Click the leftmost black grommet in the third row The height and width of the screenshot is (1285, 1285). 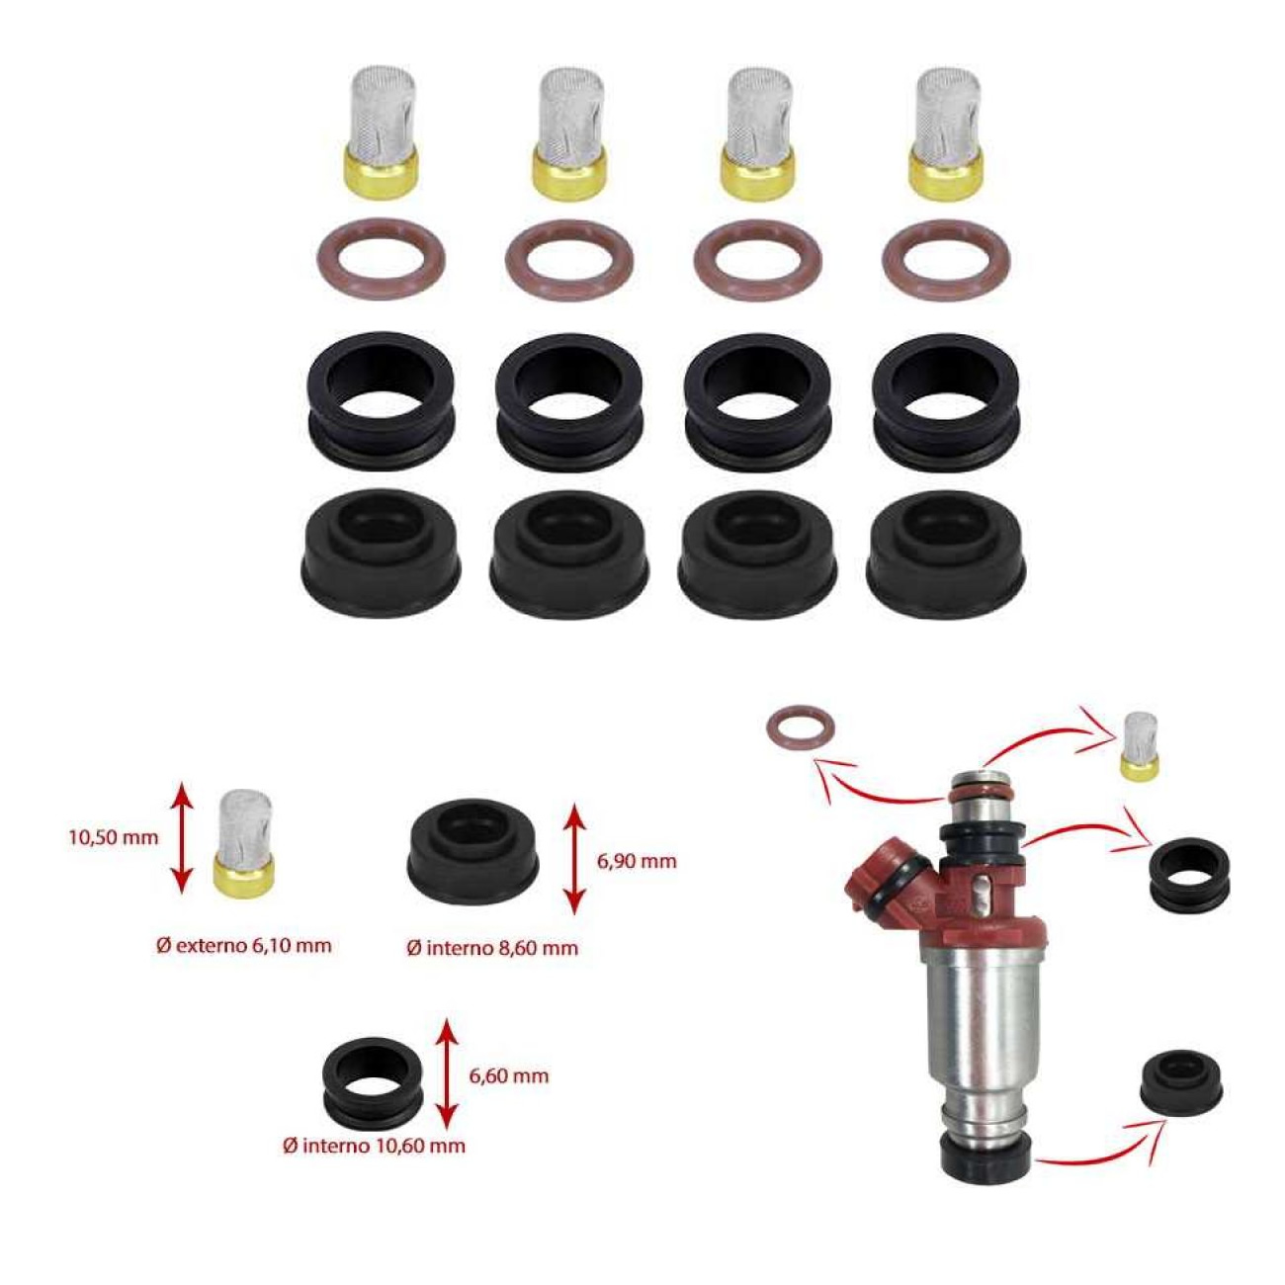tap(381, 400)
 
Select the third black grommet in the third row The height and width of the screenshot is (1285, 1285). tap(757, 400)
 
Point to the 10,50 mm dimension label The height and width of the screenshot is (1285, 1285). tap(113, 837)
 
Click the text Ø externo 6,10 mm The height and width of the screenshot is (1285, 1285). tap(243, 945)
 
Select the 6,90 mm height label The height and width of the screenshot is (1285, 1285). tap(637, 861)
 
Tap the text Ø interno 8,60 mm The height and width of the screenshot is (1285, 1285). tap(492, 948)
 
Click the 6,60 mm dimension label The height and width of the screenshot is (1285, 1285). tap(508, 1075)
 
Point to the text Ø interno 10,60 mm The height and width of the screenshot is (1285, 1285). tap(374, 1146)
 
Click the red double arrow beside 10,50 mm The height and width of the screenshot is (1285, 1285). tap(180, 836)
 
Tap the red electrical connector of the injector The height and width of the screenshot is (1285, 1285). tap(885, 880)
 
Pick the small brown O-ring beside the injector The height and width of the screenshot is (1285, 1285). tap(800, 728)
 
